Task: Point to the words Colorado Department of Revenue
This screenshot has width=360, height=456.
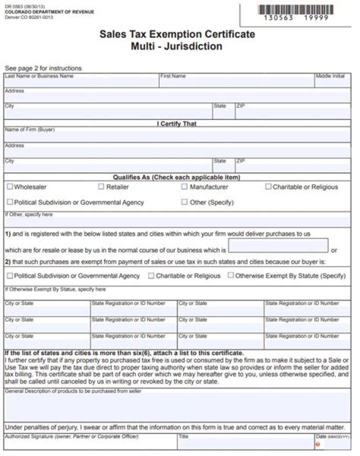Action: (x=49, y=12)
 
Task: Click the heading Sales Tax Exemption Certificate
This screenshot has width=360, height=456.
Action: (x=177, y=34)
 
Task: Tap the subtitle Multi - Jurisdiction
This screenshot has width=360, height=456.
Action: (x=177, y=46)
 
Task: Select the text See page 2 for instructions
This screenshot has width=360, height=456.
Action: (x=43, y=68)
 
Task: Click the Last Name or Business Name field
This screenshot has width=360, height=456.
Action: (x=81, y=82)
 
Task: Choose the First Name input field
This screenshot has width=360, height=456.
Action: (x=236, y=82)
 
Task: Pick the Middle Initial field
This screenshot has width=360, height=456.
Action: (x=332, y=82)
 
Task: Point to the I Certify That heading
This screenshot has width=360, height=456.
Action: (x=177, y=123)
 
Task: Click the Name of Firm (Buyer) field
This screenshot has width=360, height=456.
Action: (x=177, y=136)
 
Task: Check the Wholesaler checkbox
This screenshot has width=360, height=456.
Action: (x=10, y=187)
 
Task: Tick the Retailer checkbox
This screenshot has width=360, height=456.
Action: (x=101, y=187)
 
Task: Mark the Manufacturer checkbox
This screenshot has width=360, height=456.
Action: (x=184, y=187)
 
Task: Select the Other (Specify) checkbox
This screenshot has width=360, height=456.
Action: (x=184, y=202)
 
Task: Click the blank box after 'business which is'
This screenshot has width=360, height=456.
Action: (x=278, y=246)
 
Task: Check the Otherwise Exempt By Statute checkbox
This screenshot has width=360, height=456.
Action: (x=230, y=275)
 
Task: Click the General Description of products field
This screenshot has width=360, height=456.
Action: (x=177, y=408)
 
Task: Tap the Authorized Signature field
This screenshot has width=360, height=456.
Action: (x=90, y=444)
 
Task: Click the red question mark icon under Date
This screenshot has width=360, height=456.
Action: (x=318, y=444)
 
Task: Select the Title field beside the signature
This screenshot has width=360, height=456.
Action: (x=245, y=444)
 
